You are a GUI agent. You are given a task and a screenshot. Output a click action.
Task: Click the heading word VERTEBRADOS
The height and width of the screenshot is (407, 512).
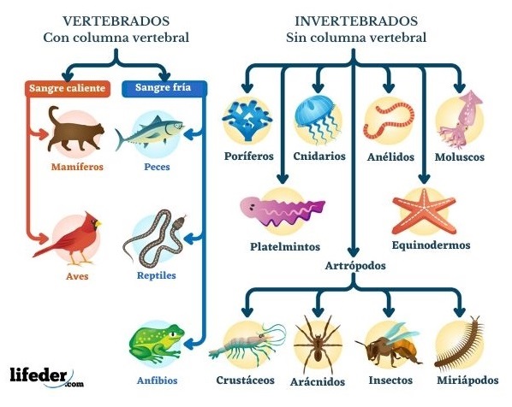pyautogui.click(x=116, y=21)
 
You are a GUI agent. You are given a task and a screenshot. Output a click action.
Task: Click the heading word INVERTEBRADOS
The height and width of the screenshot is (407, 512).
pyautogui.click(x=356, y=21)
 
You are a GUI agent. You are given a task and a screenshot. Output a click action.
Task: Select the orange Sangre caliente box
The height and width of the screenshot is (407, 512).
pyautogui.click(x=68, y=89)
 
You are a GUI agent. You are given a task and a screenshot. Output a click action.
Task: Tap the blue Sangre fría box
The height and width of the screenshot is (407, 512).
pyautogui.click(x=164, y=88)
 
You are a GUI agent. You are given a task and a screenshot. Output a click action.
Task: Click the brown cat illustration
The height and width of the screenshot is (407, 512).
pyautogui.click(x=74, y=132)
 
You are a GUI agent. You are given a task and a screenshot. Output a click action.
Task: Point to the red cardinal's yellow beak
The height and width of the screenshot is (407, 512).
pyautogui.click(x=98, y=224)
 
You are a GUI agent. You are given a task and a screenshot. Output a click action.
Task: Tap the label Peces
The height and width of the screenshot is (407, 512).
pyautogui.click(x=157, y=167)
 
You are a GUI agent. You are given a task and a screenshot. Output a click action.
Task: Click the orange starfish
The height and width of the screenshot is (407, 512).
pyautogui.click(x=424, y=211)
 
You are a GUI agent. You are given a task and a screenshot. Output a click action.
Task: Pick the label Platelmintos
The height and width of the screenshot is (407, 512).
pyautogui.click(x=285, y=246)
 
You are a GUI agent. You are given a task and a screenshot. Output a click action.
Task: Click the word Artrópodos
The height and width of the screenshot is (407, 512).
pyautogui.click(x=355, y=266)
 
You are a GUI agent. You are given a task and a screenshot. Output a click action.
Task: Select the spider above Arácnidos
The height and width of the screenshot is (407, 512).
pyautogui.click(x=318, y=345)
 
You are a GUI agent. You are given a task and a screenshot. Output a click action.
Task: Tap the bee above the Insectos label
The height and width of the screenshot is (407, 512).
pyautogui.click(x=389, y=345)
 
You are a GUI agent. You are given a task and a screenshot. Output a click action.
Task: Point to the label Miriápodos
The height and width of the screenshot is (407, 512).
pyautogui.click(x=467, y=380)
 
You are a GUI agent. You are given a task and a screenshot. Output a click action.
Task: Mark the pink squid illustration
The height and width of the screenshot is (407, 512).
pyautogui.click(x=460, y=118)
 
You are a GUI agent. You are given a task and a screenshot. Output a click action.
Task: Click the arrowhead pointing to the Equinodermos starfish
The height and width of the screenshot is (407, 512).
pyautogui.click(x=424, y=179)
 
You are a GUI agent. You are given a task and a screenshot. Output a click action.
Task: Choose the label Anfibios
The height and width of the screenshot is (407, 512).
pyautogui.click(x=157, y=380)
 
